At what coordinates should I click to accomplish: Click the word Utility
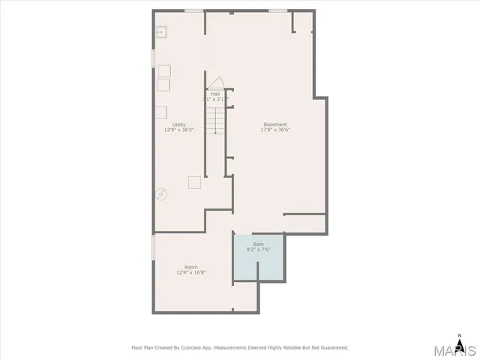point(178,124)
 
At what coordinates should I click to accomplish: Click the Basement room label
point(274,124)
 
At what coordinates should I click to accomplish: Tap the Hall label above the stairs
point(215,94)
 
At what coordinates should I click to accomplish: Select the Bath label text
point(258,244)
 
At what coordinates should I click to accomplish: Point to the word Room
point(191,267)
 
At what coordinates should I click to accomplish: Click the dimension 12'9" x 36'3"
point(179,130)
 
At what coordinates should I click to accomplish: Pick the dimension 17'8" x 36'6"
point(274,130)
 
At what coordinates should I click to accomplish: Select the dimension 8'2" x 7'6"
point(258,250)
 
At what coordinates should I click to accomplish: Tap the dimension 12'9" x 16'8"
point(191,273)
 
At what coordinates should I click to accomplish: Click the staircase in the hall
point(215,120)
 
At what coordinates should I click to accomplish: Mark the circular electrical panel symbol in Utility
point(160,193)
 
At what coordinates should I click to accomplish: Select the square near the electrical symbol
point(195,181)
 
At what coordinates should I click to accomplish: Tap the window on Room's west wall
point(153,247)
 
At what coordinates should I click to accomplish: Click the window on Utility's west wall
point(153,57)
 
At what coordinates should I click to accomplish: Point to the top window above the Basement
point(277,10)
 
